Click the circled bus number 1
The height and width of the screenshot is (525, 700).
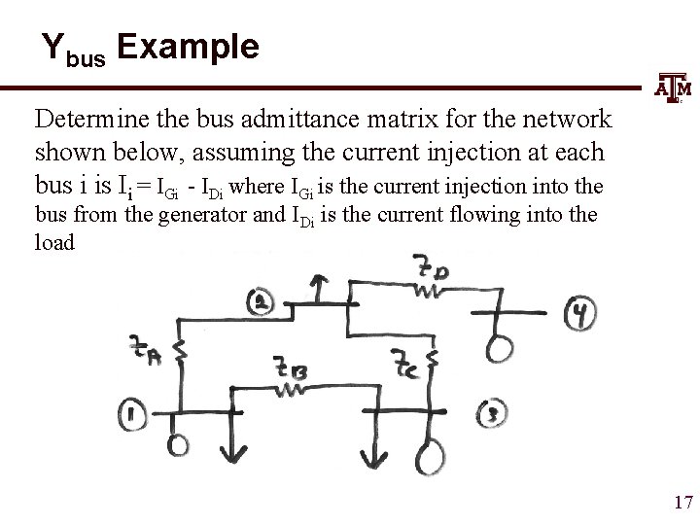(135, 417)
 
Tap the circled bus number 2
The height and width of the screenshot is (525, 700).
(262, 302)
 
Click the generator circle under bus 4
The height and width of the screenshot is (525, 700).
(505, 348)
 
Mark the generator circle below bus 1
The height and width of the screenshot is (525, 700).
(178, 444)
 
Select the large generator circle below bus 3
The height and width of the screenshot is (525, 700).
(429, 455)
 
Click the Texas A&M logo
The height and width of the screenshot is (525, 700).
(674, 90)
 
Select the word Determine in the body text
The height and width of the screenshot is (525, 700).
(88, 120)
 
